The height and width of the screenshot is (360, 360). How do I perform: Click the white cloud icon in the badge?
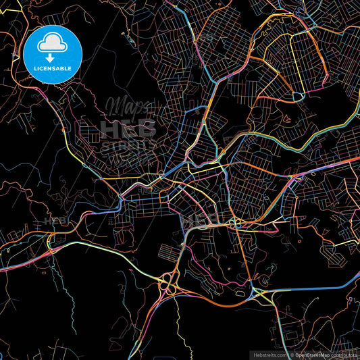coord(53,44)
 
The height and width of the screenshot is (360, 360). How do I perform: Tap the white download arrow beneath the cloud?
coord(53,57)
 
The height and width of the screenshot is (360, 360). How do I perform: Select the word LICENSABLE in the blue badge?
coord(53,68)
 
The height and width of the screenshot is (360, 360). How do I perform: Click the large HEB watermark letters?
coord(128,128)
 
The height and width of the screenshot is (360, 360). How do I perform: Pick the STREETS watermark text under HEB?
coord(128,145)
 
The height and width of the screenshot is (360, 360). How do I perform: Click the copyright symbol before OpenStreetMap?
coord(292,354)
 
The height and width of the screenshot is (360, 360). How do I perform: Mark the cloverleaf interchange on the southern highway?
coord(168,287)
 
